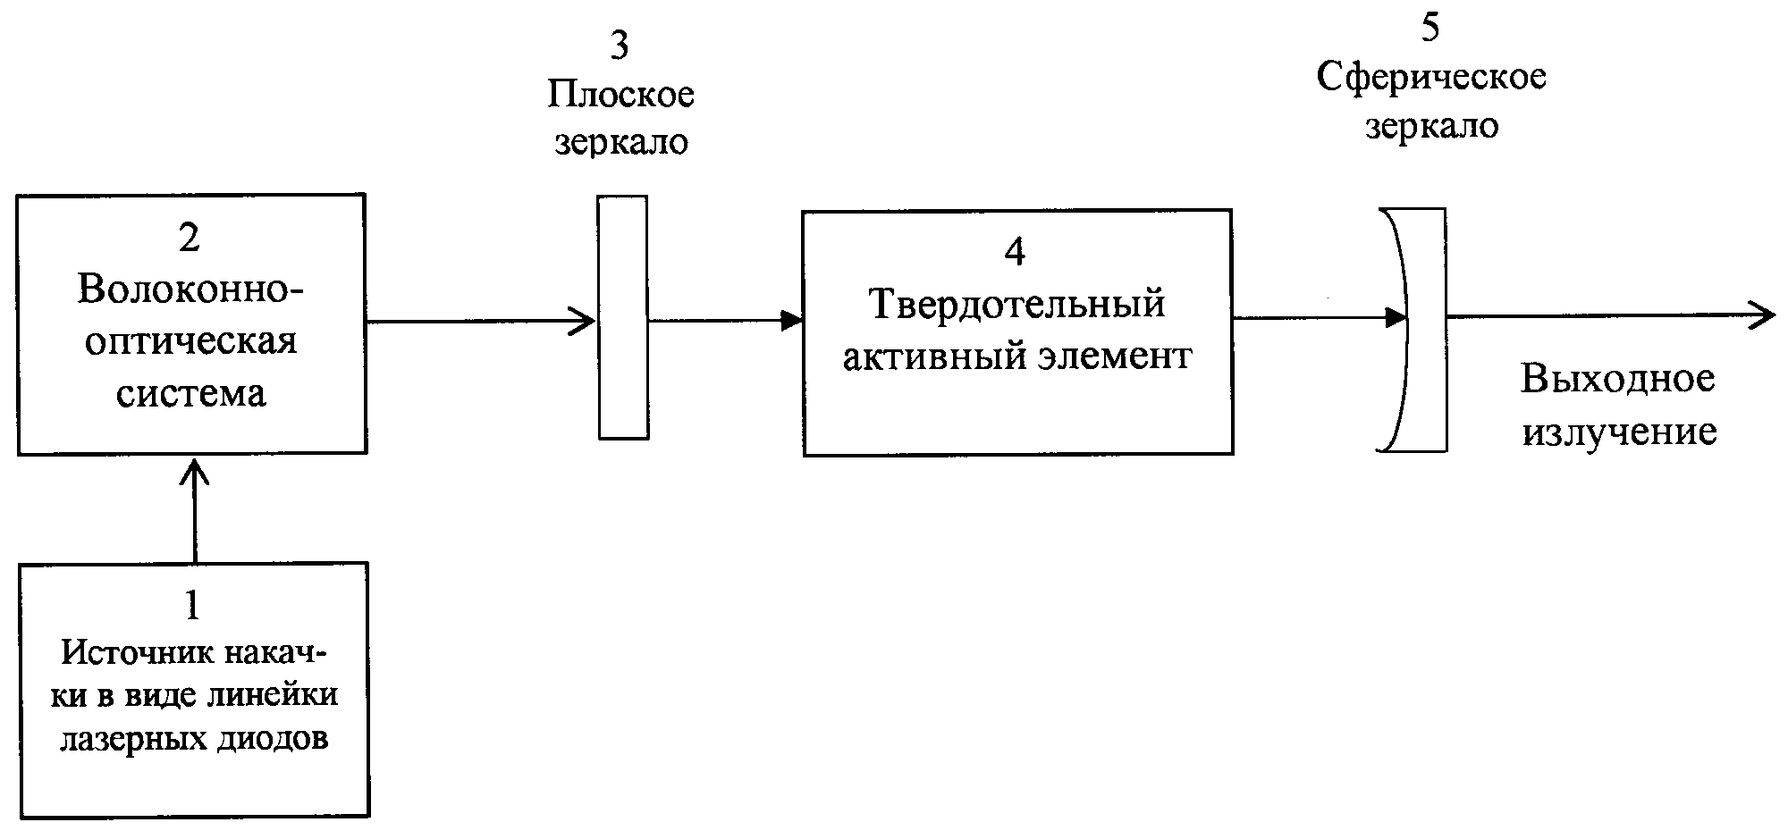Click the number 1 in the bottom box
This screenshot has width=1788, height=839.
191,606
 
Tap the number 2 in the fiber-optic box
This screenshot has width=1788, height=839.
190,239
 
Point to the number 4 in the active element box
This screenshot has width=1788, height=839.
1015,253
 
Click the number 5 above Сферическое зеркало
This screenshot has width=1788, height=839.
1430,29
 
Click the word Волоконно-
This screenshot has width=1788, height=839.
190,289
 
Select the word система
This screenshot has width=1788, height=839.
190,393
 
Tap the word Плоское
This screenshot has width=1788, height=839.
620,95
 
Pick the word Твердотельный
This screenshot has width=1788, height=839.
1017,305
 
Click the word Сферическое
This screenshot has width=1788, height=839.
1431,77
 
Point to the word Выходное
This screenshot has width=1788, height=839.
1617,379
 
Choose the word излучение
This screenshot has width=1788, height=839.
1619,432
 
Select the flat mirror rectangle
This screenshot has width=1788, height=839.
623,317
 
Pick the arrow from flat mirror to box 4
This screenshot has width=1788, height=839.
725,320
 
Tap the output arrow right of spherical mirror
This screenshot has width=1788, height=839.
1609,315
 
